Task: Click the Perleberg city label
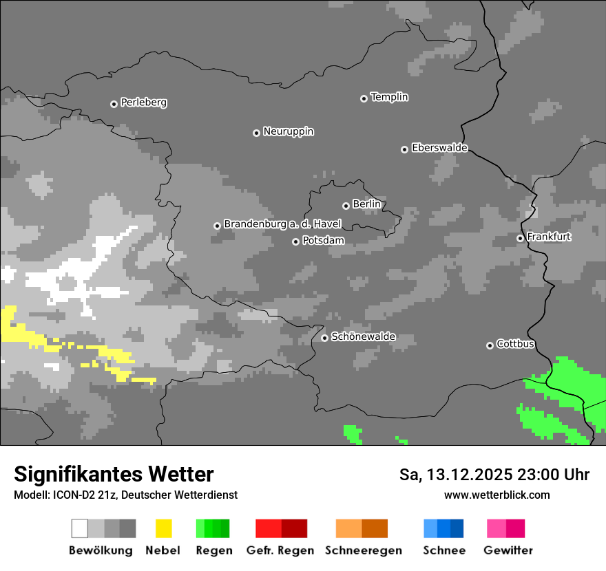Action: [143, 103]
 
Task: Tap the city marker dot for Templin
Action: [364, 98]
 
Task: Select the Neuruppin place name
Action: [288, 131]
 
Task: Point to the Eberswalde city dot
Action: [404, 149]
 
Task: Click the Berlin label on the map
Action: [366, 204]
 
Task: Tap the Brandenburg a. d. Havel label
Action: [282, 224]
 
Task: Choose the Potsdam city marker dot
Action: [295, 241]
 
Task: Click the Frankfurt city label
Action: [549, 237]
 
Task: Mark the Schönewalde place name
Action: [363, 337]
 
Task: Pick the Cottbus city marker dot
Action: [490, 345]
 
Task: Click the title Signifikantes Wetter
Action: [114, 474]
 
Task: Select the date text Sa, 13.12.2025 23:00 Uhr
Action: [494, 475]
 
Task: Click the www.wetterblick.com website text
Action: [497, 495]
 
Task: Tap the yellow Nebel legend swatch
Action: [163, 528]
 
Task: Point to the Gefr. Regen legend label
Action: [280, 550]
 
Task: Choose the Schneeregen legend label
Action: [363, 550]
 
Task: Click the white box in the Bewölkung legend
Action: [80, 528]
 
